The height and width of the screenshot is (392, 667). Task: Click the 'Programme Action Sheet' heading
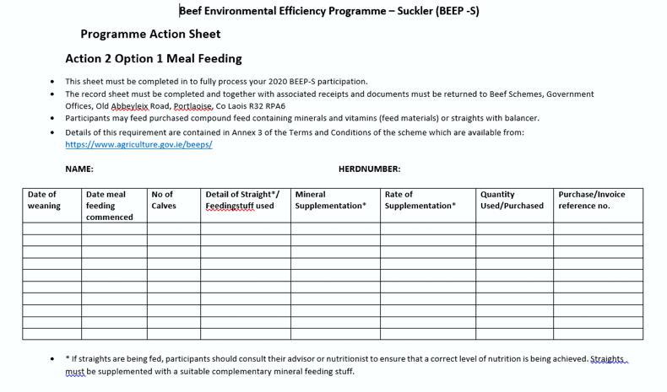coord(150,35)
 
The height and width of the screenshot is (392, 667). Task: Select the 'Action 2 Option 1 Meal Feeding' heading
coord(154,59)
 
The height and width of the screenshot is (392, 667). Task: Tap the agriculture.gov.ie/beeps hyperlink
coord(138,144)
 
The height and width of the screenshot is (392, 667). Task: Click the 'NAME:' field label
coord(79,169)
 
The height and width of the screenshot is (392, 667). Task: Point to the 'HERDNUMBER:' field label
coord(369,169)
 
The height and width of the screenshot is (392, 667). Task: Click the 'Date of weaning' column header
coord(44,200)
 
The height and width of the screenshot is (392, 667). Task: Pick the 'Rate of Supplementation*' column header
coord(420,200)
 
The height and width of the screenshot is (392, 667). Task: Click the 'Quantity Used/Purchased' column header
coord(512,200)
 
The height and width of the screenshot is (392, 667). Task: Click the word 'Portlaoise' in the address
coord(193,106)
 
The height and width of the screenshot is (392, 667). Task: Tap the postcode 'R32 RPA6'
coord(267,106)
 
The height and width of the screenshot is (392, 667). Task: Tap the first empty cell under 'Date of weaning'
coord(52,228)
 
